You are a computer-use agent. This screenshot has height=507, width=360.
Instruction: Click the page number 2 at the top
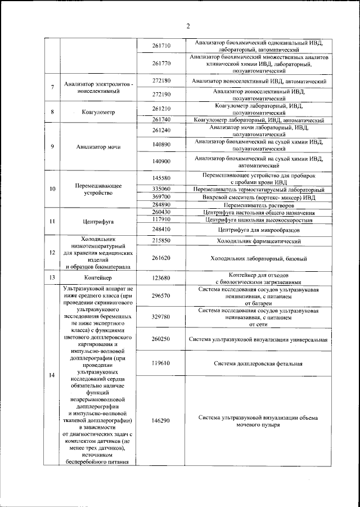188,25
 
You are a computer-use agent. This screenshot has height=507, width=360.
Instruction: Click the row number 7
52,87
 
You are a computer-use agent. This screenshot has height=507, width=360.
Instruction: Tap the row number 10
52,189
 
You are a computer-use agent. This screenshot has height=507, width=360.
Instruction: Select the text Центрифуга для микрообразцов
259,230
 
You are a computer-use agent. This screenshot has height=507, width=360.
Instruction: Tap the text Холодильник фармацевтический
259,241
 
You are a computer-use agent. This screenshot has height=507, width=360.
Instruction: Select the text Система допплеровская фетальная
259,364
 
